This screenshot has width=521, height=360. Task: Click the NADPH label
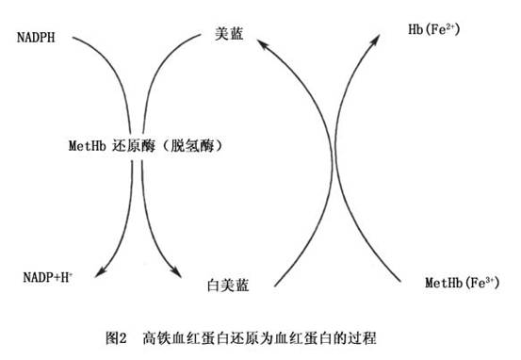[36, 38]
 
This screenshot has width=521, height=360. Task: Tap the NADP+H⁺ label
[48, 277]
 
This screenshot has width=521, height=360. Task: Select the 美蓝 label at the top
[229, 34]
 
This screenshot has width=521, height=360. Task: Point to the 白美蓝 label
[228, 286]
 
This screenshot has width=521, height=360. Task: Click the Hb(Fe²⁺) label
[434, 29]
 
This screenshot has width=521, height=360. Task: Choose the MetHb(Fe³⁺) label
[463, 283]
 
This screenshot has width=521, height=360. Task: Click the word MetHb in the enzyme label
[88, 145]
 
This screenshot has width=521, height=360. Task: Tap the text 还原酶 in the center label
[134, 145]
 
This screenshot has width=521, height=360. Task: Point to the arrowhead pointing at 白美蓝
[177, 272]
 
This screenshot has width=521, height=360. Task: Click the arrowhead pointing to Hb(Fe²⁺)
[376, 40]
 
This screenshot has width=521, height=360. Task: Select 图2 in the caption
[116, 338]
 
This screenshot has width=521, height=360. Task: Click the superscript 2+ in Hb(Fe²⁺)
[450, 26]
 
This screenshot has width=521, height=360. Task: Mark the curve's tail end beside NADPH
[73, 38]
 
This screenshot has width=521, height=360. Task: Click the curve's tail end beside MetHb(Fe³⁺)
[400, 282]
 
